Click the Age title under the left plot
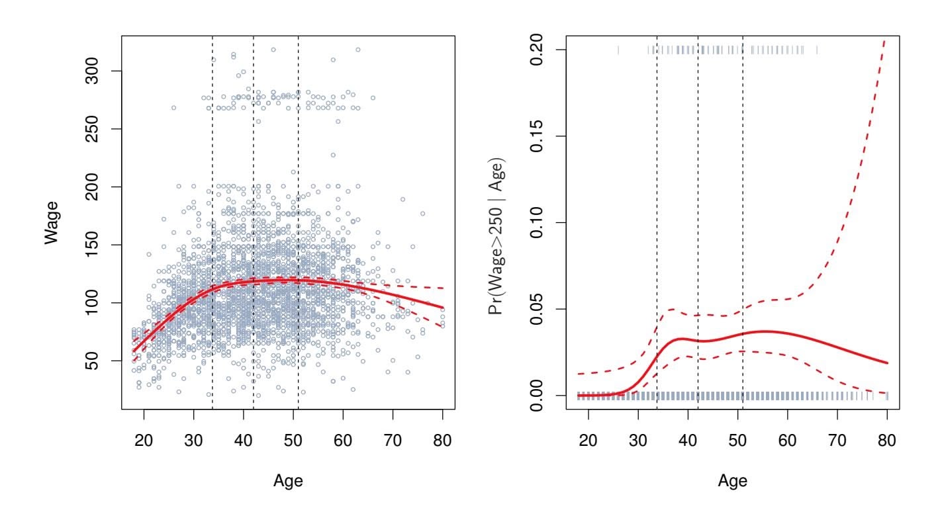pyautogui.click(x=288, y=481)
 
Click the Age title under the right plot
pyautogui.click(x=732, y=481)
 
